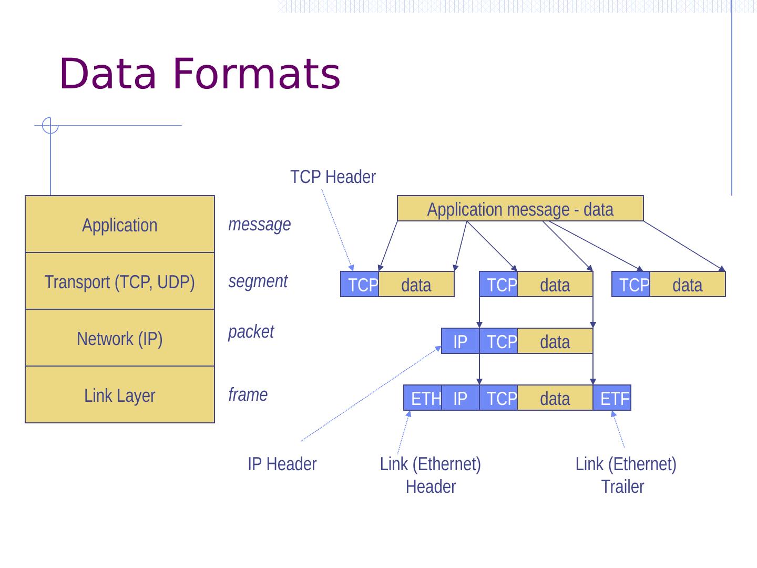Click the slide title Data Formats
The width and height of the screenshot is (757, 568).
point(200,74)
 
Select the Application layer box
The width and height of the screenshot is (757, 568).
point(120,225)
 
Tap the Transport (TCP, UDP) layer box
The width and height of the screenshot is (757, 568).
point(120,282)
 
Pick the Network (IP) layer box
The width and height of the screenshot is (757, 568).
point(120,339)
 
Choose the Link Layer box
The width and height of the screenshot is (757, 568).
point(120,395)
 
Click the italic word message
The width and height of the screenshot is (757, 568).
point(259,225)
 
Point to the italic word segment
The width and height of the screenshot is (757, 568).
point(258,281)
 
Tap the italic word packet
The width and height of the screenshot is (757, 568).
point(251,332)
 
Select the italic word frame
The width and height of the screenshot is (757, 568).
point(248,394)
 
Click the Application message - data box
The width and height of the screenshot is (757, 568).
point(520,209)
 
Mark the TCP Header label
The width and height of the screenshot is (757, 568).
point(333,177)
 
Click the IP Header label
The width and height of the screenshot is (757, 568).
point(282,464)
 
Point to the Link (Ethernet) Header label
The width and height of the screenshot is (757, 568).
point(430,475)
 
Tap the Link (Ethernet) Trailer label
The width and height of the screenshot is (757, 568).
point(625,475)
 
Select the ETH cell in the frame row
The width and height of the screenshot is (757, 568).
point(423,398)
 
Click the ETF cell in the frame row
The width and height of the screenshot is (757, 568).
point(612,398)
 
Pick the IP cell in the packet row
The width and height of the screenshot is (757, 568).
point(460,341)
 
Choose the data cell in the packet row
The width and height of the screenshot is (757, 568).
point(555,341)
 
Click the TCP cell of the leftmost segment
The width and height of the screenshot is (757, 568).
point(360,285)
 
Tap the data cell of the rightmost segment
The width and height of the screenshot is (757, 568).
point(688,285)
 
